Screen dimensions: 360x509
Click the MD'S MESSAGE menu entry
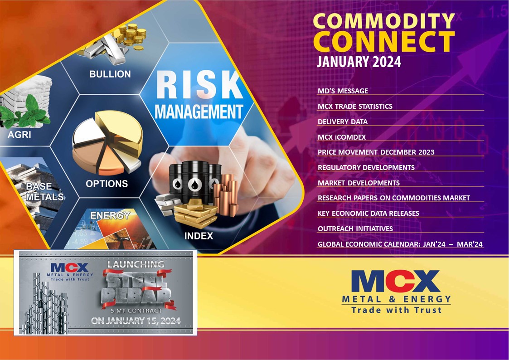click(343, 91)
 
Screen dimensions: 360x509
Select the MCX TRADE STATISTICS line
click(355, 107)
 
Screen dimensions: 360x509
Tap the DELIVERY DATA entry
click(343, 122)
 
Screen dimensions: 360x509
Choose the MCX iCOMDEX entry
click(342, 137)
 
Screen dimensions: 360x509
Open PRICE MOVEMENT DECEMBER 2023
click(376, 152)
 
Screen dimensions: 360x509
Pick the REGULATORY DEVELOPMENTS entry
click(366, 168)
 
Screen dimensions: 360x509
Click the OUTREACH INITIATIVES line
click(355, 229)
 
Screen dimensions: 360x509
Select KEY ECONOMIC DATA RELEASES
click(368, 214)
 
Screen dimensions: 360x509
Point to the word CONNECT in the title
click(383, 41)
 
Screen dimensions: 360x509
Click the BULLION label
click(110, 74)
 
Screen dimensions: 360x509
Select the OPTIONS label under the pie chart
click(107, 184)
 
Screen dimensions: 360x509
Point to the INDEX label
click(199, 236)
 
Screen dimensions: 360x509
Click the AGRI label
click(19, 135)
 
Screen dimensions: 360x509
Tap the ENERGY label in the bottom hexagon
click(110, 216)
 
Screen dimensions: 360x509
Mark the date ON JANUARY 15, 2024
click(136, 321)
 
